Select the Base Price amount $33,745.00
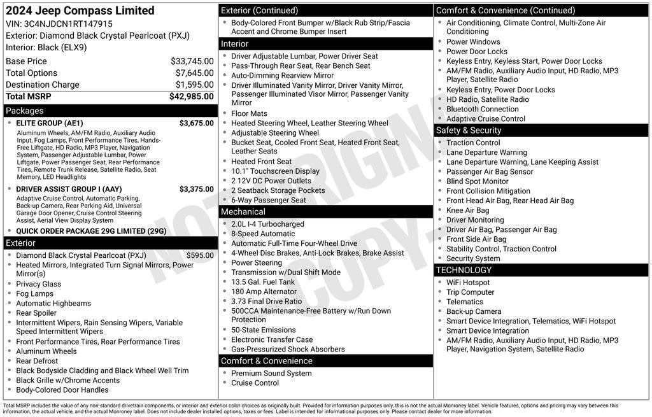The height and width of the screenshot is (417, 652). tap(192, 61)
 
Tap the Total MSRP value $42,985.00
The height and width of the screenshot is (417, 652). tap(192, 96)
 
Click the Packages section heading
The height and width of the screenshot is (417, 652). tap(25, 110)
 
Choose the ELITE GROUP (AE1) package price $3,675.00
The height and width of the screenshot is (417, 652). tap(197, 123)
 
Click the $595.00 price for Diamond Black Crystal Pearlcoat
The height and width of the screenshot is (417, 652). tap(200, 255)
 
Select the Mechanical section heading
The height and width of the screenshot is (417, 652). tap(243, 211)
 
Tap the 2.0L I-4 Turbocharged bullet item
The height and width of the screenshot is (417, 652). tap(267, 224)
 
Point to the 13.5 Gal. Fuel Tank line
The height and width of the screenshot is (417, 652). tap(263, 282)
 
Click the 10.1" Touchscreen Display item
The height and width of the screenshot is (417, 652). tap(275, 171)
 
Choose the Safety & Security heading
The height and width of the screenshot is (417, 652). tap(469, 130)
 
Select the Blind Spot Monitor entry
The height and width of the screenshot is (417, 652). tap(478, 181)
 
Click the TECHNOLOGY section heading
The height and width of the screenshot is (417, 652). tap(464, 270)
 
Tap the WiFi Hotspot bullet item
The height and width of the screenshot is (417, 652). tap(468, 283)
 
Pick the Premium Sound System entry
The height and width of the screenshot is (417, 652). tap(271, 373)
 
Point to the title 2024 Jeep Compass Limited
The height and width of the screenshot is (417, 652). tap(80, 10)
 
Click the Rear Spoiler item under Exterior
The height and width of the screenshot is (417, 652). tap(36, 313)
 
